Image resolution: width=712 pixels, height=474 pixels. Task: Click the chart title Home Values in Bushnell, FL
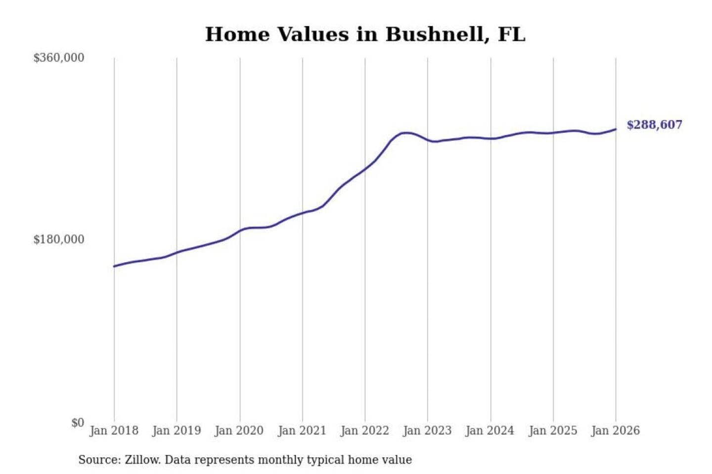(x=365, y=35)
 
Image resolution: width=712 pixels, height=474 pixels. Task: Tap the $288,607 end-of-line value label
(x=654, y=125)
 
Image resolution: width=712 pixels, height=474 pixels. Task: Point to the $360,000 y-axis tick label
(x=59, y=58)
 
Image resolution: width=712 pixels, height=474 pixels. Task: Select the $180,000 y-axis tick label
(x=59, y=239)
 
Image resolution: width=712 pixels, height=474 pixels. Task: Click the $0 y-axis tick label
(x=78, y=423)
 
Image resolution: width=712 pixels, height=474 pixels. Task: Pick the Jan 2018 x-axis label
(x=114, y=431)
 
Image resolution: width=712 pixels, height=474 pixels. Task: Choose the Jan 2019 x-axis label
(x=177, y=431)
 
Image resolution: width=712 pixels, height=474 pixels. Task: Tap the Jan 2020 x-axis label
(x=239, y=431)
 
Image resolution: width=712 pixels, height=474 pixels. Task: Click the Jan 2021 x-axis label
(x=302, y=431)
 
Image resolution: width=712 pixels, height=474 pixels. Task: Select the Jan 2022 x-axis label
(x=365, y=431)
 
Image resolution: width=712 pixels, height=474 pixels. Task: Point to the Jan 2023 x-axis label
(x=427, y=431)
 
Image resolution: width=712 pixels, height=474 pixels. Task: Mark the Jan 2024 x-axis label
(x=490, y=431)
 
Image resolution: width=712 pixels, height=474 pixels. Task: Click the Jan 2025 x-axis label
(x=553, y=431)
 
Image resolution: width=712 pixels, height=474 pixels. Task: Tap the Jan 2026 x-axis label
(x=616, y=431)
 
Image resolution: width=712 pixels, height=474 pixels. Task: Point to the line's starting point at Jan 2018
(x=114, y=266)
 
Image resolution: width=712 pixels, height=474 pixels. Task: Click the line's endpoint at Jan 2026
(x=616, y=129)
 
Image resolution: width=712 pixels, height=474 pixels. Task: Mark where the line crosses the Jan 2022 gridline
(x=365, y=169)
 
